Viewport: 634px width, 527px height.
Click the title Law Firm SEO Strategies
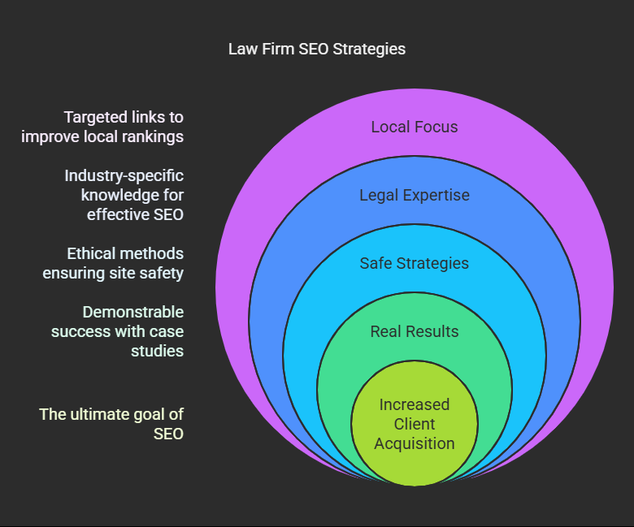317,49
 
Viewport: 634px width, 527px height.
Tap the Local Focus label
415,127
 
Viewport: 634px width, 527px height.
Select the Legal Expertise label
415,195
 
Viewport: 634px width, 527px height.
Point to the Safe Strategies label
415,263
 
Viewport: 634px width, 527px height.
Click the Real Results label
415,331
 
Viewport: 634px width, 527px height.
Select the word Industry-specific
124,175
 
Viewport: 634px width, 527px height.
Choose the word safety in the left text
161,273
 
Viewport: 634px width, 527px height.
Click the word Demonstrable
133,312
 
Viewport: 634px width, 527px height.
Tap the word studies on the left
157,351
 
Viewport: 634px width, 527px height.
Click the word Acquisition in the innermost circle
415,443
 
